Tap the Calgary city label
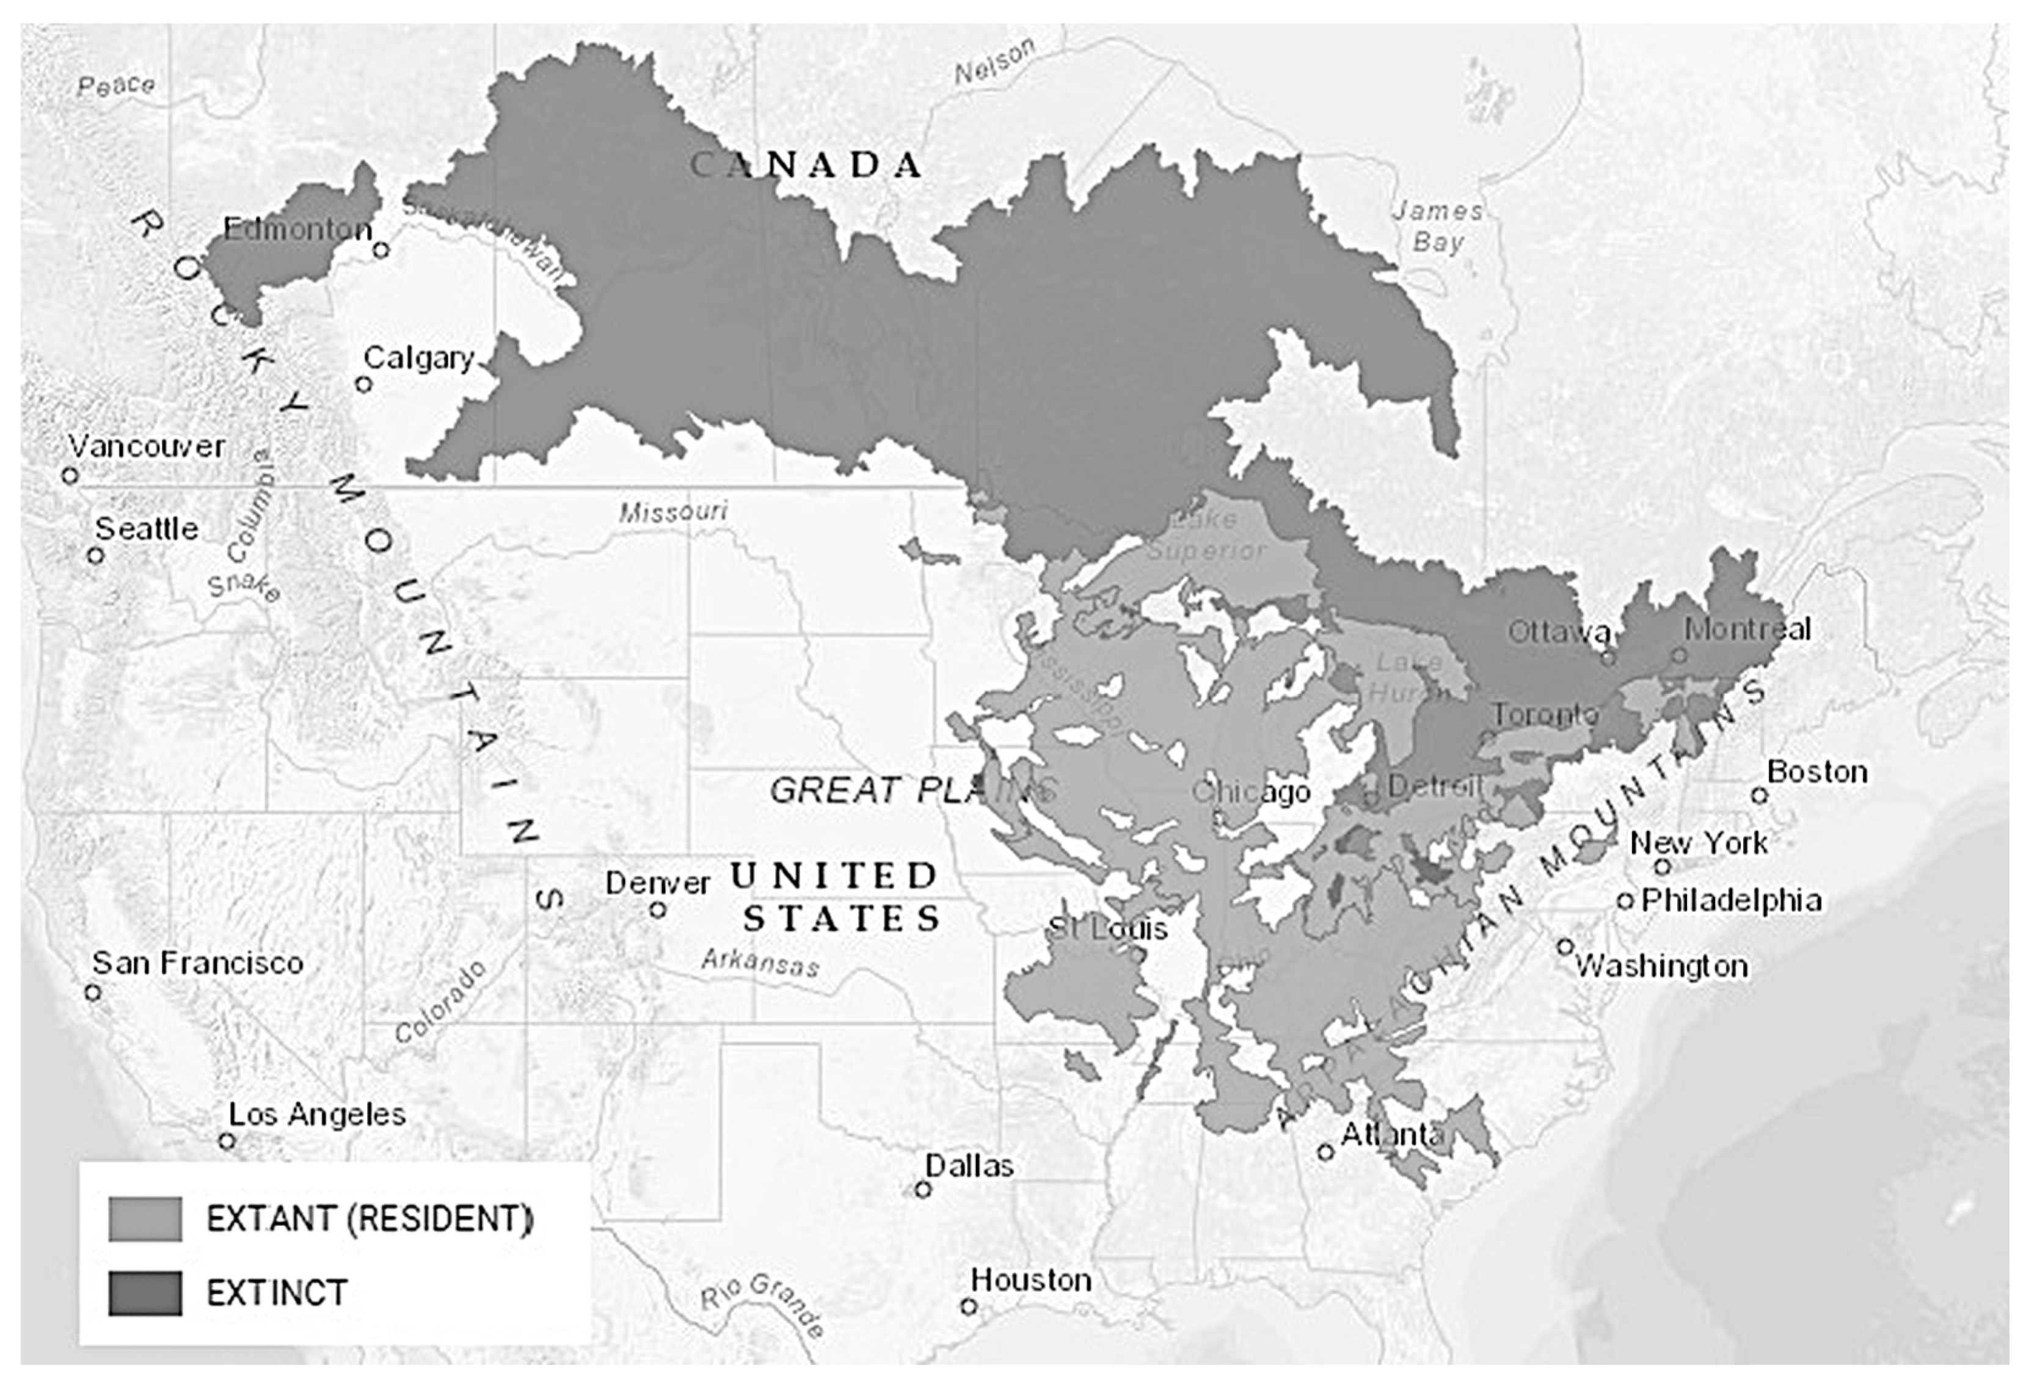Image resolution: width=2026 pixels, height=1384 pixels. tap(418, 358)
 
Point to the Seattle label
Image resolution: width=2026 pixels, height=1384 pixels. tap(147, 529)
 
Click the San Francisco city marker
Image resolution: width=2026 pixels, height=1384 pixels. tap(92, 992)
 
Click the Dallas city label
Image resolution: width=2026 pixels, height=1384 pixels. tap(969, 1166)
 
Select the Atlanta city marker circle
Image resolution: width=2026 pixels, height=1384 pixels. tap(1325, 1152)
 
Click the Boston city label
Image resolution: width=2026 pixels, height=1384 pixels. tap(1816, 772)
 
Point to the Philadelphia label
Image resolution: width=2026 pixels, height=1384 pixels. tap(1732, 900)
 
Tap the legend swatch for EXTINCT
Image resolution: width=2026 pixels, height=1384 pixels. tap(145, 1292)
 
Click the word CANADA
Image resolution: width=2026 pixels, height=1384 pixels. tap(806, 165)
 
